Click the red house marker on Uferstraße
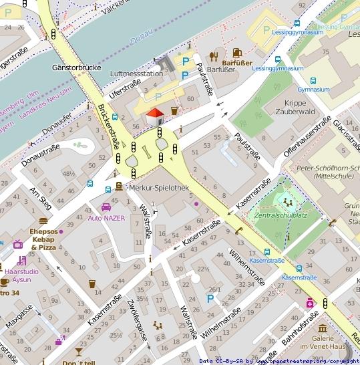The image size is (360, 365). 155,116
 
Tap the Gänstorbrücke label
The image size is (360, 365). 75,68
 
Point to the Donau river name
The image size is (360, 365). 142,41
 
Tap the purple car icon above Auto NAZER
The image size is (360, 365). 106,207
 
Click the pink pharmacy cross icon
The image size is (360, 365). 310,303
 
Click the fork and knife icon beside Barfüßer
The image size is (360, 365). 214,56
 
